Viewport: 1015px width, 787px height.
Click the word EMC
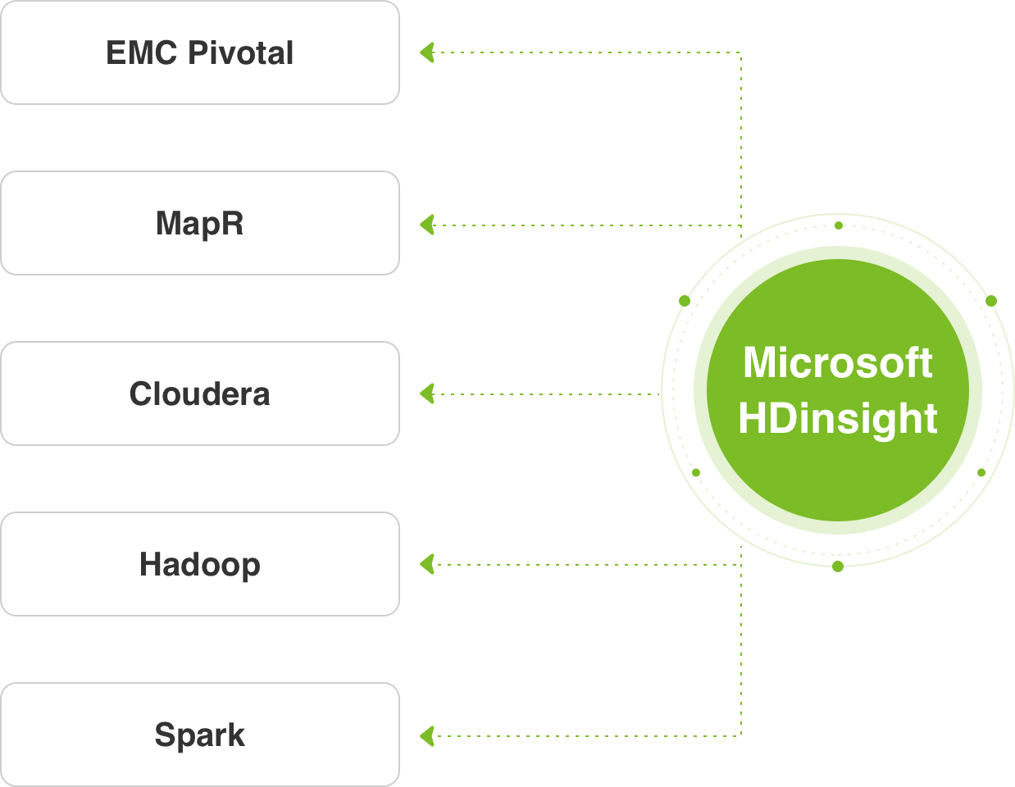pos(142,53)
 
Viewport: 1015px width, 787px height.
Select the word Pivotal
pos(240,53)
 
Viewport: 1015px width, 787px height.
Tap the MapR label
pos(199,223)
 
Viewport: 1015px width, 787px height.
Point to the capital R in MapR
pos(232,223)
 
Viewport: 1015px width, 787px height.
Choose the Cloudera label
pos(199,394)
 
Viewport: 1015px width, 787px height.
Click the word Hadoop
pos(199,565)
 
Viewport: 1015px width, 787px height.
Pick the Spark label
pos(199,735)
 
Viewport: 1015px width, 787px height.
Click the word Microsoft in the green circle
pos(837,362)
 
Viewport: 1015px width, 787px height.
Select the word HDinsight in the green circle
pos(837,418)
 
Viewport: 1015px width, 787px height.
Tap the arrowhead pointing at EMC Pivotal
pos(427,53)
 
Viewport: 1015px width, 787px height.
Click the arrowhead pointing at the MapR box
pos(427,225)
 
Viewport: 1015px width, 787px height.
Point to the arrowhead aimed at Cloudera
pos(427,394)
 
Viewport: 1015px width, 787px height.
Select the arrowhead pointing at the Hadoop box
pos(427,564)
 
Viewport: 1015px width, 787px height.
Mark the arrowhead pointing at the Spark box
pos(427,735)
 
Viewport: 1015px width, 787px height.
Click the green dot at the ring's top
pos(838,225)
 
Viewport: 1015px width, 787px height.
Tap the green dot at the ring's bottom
pos(837,566)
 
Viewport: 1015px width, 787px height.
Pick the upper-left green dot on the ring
pos(685,301)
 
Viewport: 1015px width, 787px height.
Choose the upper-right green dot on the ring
pos(991,301)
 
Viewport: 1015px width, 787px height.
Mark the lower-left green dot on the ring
pos(696,472)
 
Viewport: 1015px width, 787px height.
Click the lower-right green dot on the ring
pos(981,472)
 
